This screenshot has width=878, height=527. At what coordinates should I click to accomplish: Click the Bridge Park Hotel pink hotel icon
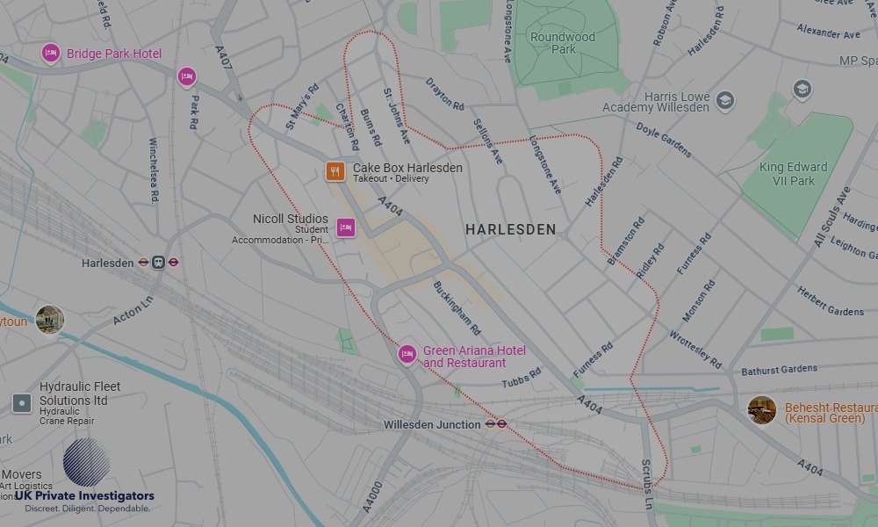(51, 54)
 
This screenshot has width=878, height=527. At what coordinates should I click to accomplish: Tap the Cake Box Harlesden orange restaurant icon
(335, 171)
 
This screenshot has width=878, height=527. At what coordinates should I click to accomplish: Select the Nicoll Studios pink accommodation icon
(346, 228)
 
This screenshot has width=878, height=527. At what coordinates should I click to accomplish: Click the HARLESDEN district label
(510, 229)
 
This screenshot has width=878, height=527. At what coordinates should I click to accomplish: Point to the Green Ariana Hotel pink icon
(407, 354)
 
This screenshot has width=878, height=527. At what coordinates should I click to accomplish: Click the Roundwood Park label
(563, 43)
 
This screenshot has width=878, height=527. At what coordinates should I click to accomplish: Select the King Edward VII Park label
(793, 174)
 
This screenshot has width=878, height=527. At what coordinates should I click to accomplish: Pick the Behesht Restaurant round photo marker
(761, 410)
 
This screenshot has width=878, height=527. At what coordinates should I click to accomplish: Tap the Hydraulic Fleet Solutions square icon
(22, 403)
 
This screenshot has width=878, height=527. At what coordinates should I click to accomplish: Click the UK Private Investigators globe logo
(86, 463)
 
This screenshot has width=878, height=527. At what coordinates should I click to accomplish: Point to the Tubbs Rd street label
(522, 379)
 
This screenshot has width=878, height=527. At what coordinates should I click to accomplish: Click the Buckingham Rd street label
(457, 307)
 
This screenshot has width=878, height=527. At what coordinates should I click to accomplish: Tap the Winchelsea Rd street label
(154, 171)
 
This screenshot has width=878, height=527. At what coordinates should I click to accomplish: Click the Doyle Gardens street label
(664, 140)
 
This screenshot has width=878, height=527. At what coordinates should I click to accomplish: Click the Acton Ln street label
(133, 310)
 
